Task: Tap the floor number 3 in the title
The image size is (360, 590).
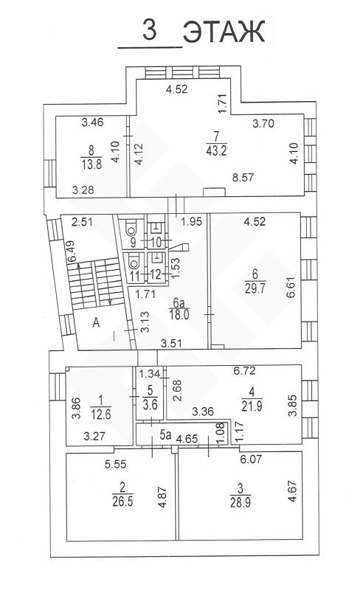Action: [150, 30]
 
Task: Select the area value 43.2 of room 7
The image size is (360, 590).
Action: [217, 151]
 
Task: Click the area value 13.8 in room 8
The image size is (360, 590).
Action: [92, 164]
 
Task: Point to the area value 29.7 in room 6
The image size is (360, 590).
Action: [255, 288]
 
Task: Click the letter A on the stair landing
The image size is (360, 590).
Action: [97, 322]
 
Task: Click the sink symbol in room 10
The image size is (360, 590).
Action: [156, 227]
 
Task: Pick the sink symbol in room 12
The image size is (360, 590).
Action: [156, 257]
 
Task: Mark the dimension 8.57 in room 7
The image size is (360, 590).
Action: [243, 177]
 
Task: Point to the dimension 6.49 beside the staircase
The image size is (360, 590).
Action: [70, 251]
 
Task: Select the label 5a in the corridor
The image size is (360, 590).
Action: [165, 435]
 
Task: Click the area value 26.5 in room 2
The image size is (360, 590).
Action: [122, 502]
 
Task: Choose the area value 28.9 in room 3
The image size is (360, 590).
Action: [240, 502]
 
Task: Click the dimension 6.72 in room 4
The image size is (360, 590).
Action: [244, 371]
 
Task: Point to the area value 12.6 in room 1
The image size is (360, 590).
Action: [101, 414]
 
